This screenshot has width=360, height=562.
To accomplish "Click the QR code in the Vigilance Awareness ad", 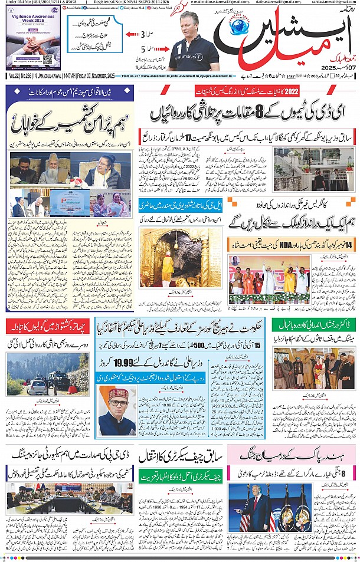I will pos(48,60).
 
